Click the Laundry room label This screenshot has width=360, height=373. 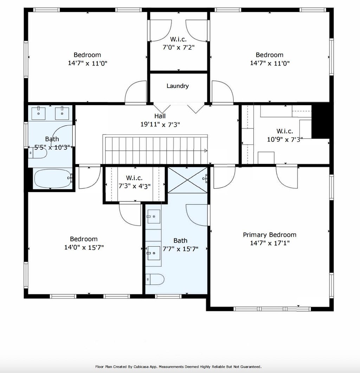click(x=178, y=86)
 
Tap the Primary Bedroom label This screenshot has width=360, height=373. click(x=269, y=235)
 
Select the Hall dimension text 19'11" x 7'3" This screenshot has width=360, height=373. click(x=160, y=125)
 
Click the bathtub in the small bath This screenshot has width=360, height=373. click(x=53, y=178)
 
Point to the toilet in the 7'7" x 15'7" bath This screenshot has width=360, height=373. click(x=155, y=279)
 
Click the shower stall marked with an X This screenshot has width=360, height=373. click(x=187, y=180)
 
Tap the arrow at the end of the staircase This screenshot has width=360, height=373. click(x=206, y=151)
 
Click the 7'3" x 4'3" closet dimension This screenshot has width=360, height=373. click(x=135, y=186)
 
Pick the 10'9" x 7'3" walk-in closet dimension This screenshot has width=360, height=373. click(x=285, y=139)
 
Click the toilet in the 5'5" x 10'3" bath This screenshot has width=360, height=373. click(x=38, y=153)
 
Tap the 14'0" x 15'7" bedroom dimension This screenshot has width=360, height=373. click(x=84, y=247)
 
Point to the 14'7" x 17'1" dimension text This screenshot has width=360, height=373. click(x=270, y=243)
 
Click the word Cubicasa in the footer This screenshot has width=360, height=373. click(x=141, y=367)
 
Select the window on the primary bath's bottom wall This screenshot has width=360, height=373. click(x=168, y=296)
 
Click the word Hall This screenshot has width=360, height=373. click(x=160, y=116)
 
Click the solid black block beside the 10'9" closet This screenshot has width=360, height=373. click(x=320, y=121)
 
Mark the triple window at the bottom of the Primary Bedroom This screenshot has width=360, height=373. click(x=272, y=309)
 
